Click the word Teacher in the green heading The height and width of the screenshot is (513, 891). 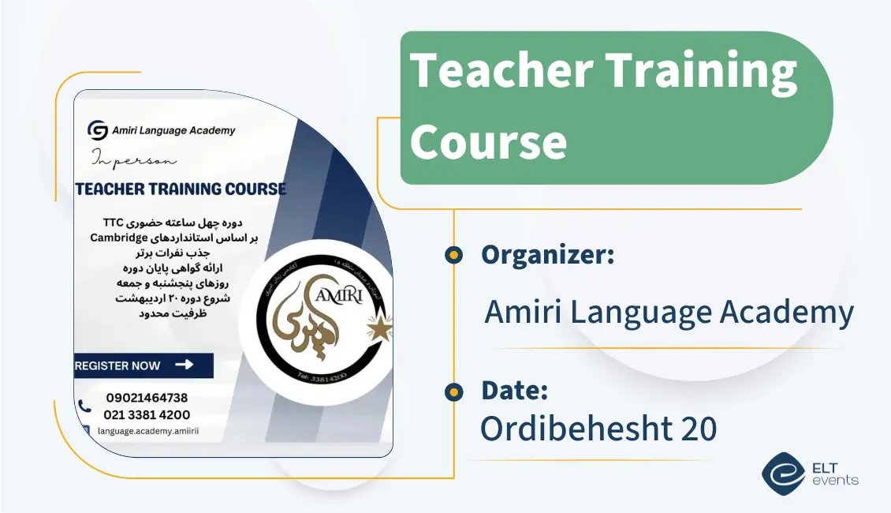tap(501, 71)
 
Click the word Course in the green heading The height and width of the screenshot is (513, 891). tap(488, 142)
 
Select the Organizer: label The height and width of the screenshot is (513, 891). tap(547, 255)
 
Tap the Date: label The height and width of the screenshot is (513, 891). tap(514, 390)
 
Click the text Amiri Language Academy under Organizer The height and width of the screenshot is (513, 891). tap(669, 313)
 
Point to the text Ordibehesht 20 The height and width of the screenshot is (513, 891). tap(598, 429)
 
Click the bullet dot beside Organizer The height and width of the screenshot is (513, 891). tap(453, 255)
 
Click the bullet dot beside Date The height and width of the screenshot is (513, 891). tap(453, 391)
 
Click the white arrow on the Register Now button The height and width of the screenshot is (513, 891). tap(184, 365)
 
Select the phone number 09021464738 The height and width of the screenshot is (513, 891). tap(147, 398)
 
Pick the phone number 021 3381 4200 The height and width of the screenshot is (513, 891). tap(147, 414)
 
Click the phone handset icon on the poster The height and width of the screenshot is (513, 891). tap(84, 406)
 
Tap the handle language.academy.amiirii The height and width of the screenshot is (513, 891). tap(148, 432)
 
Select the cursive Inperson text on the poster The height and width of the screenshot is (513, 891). tap(134, 159)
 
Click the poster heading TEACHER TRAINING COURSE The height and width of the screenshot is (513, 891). tap(181, 189)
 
